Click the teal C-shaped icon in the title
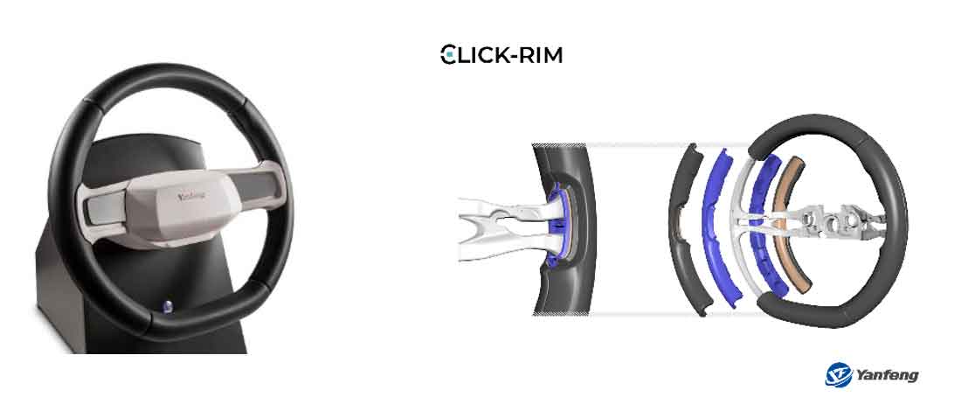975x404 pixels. click(x=448, y=55)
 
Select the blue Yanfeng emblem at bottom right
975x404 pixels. click(x=838, y=375)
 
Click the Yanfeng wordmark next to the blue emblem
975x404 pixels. click(x=887, y=375)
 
